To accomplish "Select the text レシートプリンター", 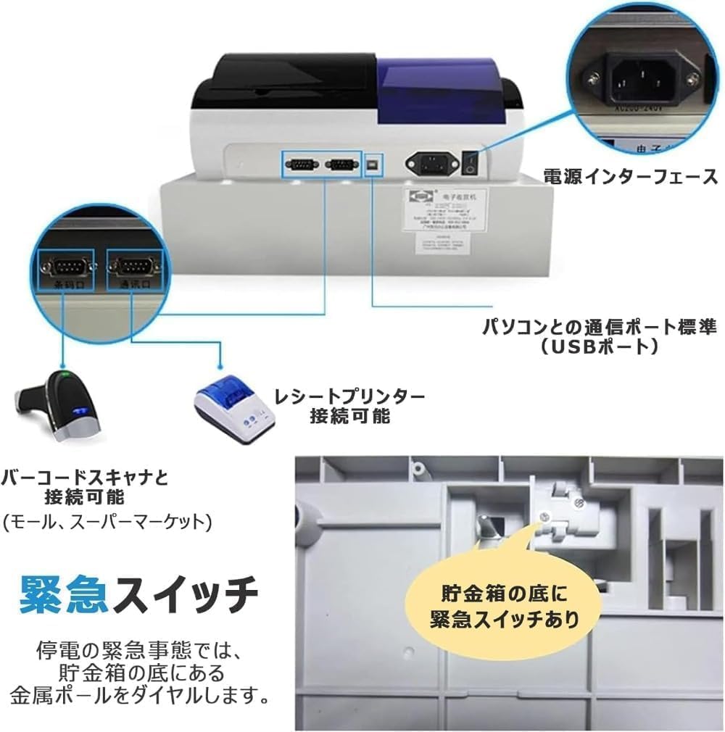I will click(349, 396).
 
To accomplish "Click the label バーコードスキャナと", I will click(86, 477).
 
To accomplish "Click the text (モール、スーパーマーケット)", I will click(107, 520).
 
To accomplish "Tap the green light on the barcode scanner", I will click(66, 375).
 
